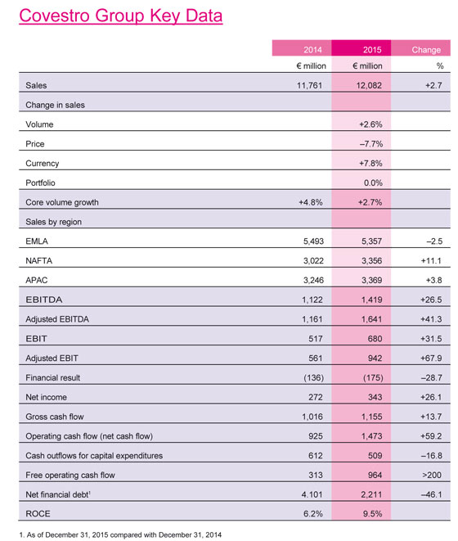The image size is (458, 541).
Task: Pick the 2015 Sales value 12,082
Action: (x=366, y=85)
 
